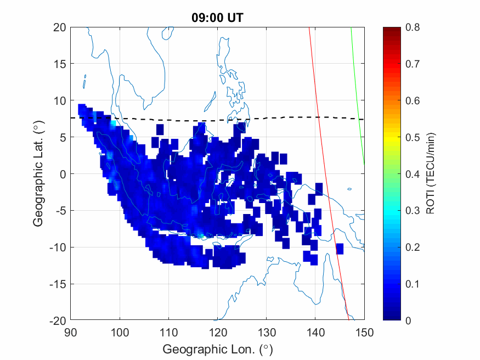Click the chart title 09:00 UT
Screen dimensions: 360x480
click(x=217, y=18)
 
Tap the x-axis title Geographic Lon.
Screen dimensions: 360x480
click(x=217, y=349)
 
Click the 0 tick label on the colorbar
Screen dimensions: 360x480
click(x=408, y=320)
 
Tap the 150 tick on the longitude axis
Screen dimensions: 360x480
click(x=364, y=331)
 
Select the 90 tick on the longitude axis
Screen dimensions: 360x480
click(x=70, y=331)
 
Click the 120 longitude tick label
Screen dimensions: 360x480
click(x=217, y=331)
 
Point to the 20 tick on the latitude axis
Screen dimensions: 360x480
click(x=60, y=27)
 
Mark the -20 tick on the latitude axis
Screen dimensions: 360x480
click(x=58, y=320)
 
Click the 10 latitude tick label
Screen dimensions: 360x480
click(x=60, y=100)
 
